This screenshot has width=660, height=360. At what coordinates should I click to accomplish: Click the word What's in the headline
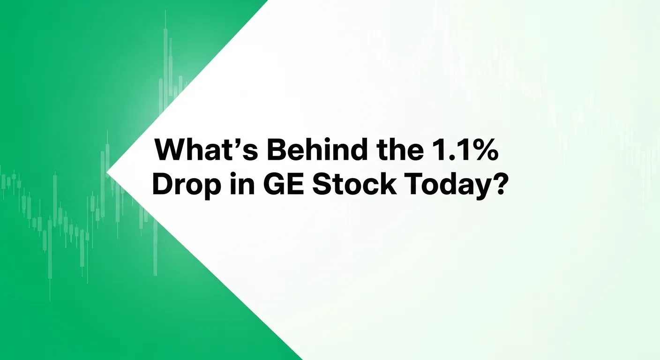tap(207, 149)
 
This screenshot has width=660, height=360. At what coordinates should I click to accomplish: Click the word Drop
tap(186, 185)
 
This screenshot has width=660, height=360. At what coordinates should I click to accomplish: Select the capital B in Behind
tap(277, 149)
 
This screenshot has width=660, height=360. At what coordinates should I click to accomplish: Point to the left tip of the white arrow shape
tap(107, 172)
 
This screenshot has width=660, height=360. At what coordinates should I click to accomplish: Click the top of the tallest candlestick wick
tap(165, 11)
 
